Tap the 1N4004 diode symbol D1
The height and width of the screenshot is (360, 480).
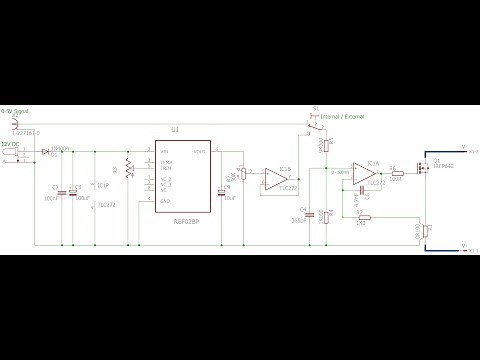point(47,152)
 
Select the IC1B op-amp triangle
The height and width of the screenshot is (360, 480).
point(273,179)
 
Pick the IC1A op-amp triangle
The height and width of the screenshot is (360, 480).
point(362,173)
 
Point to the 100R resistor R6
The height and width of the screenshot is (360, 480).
point(394,173)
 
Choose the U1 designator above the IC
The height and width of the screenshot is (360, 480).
point(175,130)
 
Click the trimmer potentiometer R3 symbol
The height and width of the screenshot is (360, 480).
point(129,168)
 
